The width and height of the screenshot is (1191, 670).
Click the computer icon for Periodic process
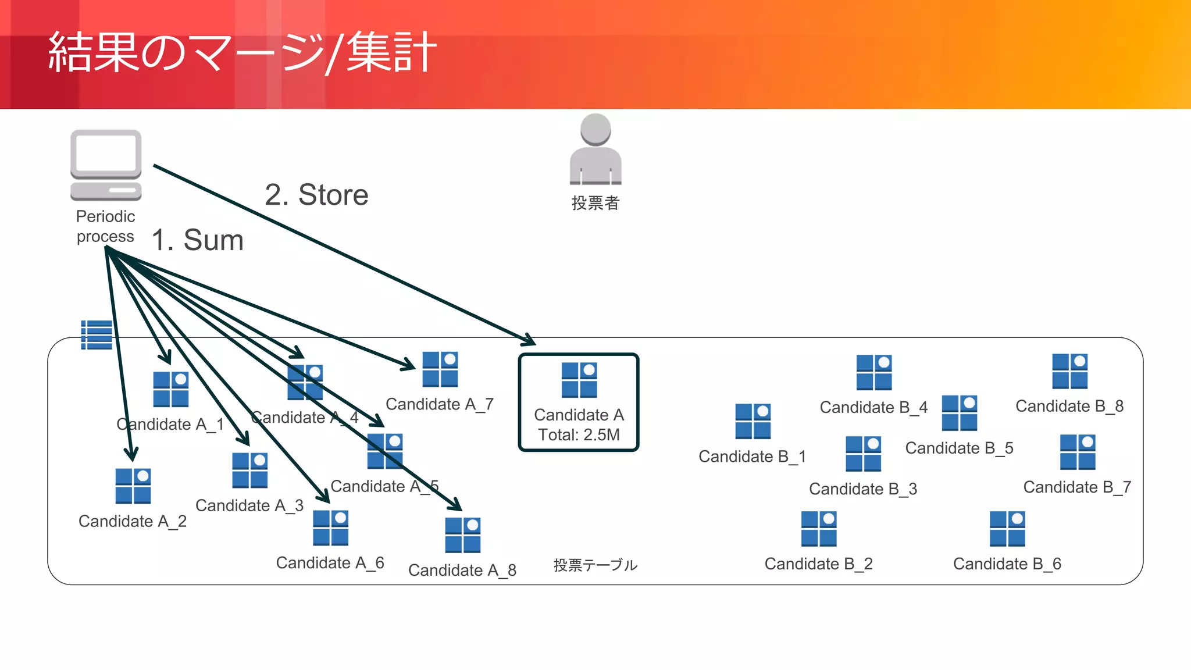coord(106,165)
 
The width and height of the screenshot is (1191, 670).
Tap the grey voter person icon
coord(595,149)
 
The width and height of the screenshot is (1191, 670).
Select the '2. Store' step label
coord(316,195)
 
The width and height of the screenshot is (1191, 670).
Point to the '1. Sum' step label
coord(197,240)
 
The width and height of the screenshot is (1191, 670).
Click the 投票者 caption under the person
coord(595,203)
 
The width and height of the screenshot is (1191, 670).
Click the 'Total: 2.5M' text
coord(579,434)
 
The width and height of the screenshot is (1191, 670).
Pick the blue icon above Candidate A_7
coord(440,369)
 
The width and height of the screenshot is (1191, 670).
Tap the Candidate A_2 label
coord(133,521)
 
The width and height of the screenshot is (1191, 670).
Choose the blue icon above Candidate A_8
coord(462,535)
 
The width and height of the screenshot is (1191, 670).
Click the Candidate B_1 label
coord(753,457)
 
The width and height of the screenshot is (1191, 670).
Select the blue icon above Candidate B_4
coord(873,372)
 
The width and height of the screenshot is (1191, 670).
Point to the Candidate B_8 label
coord(1069,406)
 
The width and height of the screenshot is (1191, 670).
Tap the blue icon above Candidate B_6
coord(1007,529)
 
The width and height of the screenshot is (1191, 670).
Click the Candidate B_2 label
coord(818,564)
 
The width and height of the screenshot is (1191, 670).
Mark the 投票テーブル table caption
coord(595,565)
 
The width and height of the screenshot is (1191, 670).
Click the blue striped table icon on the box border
coord(97,335)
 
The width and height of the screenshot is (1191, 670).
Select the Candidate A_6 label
coord(330,562)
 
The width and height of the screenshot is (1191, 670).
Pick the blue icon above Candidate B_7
coord(1077,452)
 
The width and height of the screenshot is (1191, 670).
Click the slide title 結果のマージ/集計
coord(242,52)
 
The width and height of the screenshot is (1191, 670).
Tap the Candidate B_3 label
coord(863,489)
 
